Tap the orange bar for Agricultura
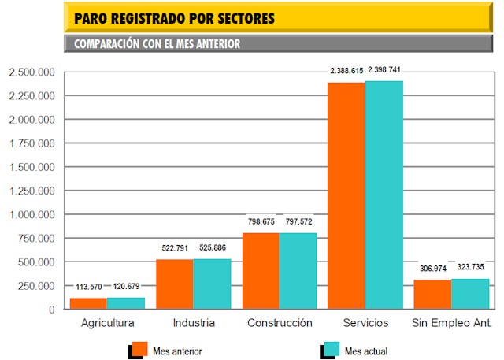pyautogui.click(x=87, y=303)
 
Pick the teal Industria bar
pyautogui.click(x=212, y=284)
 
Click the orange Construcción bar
pyautogui.click(x=260, y=271)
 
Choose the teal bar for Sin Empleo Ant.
pyautogui.click(x=470, y=294)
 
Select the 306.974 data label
pyautogui.click(x=432, y=269)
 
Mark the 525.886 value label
pyautogui.click(x=212, y=248)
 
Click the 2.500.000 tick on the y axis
pyautogui.click(x=31, y=73)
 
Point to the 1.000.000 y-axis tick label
pyautogui.click(x=31, y=215)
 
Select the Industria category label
pyautogui.click(x=193, y=323)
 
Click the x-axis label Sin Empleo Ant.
pyautogui.click(x=452, y=323)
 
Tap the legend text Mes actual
pyautogui.click(x=366, y=351)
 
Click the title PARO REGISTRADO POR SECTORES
pyautogui.click(x=174, y=18)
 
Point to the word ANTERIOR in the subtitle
pyautogui.click(x=211, y=44)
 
